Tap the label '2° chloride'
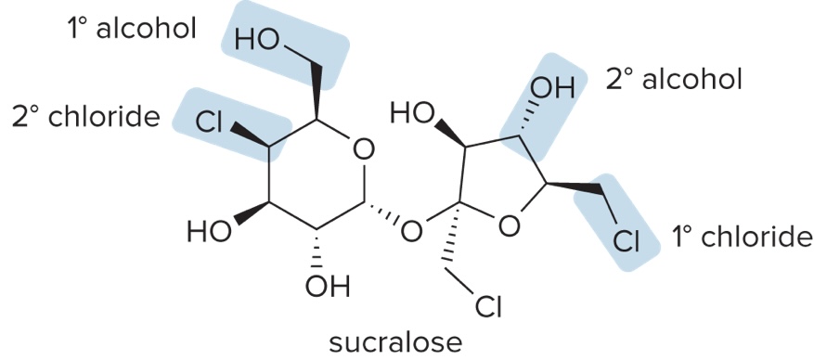(x=86, y=117)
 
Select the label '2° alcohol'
(x=674, y=80)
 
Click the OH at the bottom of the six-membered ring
(x=327, y=287)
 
